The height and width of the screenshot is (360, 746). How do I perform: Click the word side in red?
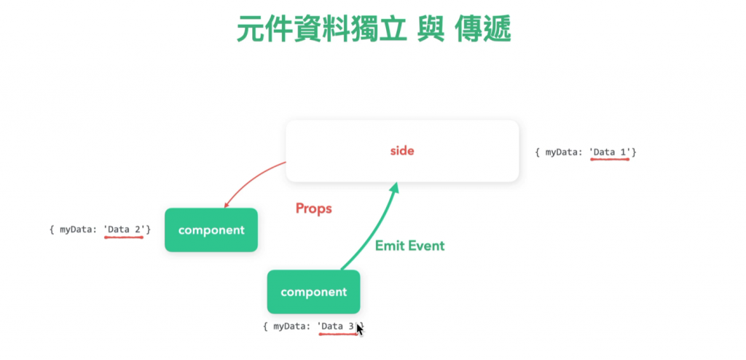tap(402, 151)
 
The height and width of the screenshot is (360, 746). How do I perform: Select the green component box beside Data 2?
tap(211, 230)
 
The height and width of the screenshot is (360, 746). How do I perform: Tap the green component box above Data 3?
tap(313, 292)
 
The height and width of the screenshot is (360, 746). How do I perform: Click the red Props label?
tap(313, 208)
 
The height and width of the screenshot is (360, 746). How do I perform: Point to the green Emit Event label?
tap(409, 246)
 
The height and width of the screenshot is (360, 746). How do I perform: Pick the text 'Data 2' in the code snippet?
tap(125, 230)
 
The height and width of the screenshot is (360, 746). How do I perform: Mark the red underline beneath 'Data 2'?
tap(124, 238)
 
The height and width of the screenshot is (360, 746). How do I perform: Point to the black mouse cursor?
tap(359, 329)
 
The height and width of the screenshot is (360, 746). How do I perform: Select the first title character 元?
tap(251, 30)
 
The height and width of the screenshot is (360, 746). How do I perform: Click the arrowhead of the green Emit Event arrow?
tap(394, 189)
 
